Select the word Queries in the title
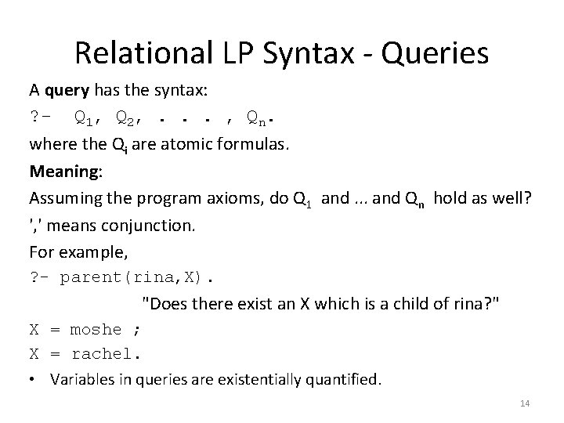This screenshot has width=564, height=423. tap(439, 53)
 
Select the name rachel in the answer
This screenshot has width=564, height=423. tap(106, 354)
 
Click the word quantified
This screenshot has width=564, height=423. tap(342, 381)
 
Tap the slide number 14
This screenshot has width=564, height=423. tap(525, 403)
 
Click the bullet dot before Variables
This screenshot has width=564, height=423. tap(34, 381)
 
